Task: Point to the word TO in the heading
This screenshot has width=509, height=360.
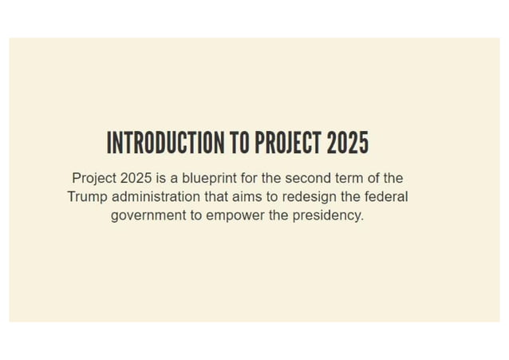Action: coord(239,143)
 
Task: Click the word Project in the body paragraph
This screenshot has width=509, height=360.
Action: coord(93,178)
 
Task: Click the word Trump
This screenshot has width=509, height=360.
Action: coord(87,196)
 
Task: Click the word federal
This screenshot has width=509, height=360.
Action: coord(385,196)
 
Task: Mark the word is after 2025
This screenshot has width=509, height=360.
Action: coord(162,178)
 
